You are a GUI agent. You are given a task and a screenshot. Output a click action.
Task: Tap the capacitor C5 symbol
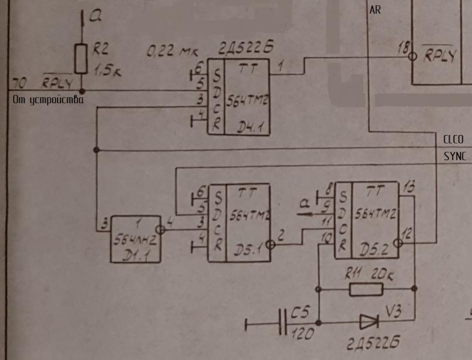pos(283,324)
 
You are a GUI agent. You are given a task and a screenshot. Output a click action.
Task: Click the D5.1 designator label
pos(248,251)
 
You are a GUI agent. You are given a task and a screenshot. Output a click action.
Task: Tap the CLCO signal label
pos(453,140)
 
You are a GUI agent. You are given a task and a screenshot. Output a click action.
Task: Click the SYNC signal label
pos(453,156)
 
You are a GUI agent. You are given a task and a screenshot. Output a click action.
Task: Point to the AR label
pos(375,10)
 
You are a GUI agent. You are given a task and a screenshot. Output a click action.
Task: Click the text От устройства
pos(48,100)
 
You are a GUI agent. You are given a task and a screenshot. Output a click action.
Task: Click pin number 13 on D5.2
pos(409,187)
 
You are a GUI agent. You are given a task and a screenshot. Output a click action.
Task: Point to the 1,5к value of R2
pos(107,71)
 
